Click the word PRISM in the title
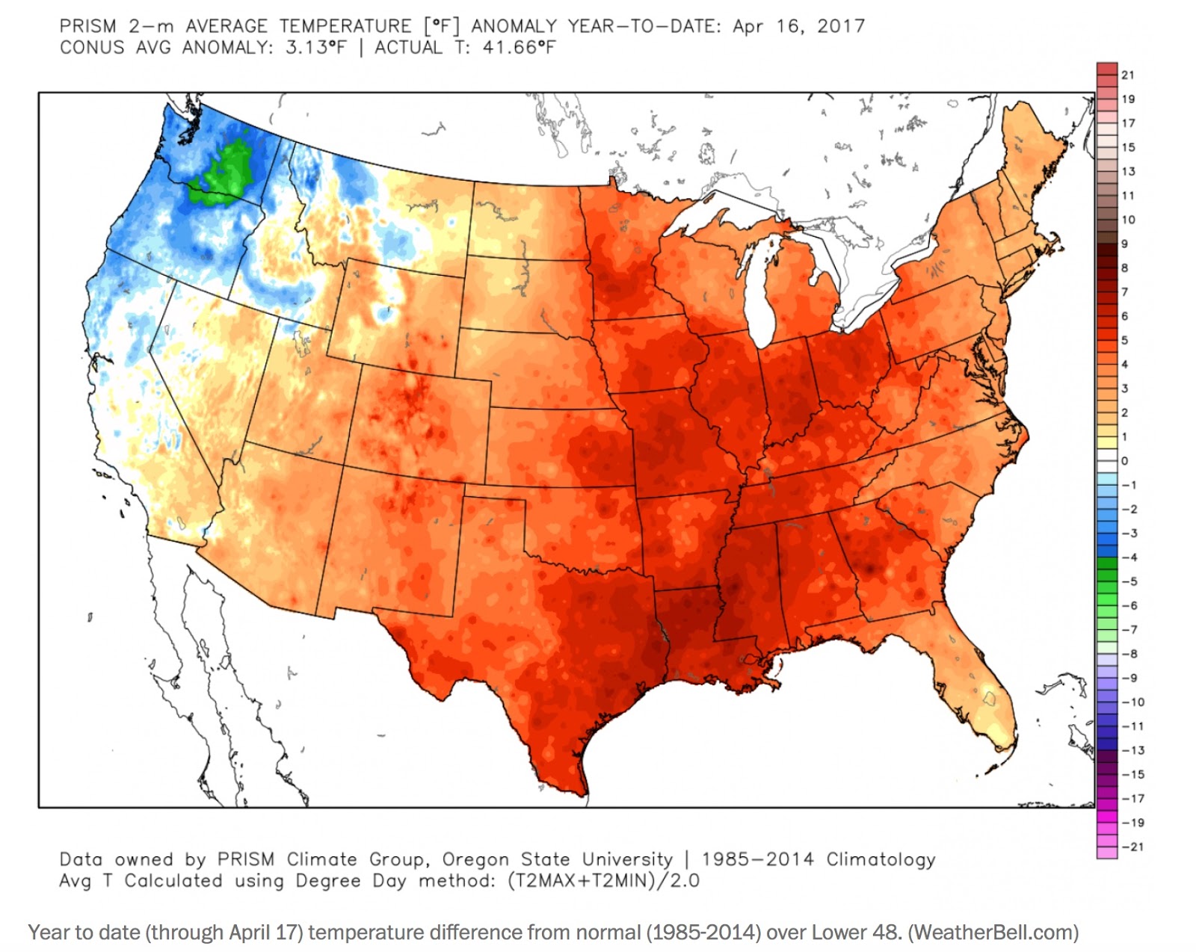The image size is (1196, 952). (87, 26)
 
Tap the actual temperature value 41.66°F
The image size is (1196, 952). (519, 48)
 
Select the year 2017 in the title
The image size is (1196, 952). (840, 26)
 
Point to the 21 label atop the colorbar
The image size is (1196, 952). (1127, 75)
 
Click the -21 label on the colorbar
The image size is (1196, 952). (1132, 847)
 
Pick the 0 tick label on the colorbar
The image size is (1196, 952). (1124, 461)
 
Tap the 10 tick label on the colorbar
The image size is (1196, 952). (1128, 220)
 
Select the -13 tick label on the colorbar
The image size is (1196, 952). (1132, 750)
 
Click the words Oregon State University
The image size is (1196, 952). (557, 859)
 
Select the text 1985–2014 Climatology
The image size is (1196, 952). (818, 859)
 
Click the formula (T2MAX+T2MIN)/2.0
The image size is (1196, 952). (602, 881)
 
